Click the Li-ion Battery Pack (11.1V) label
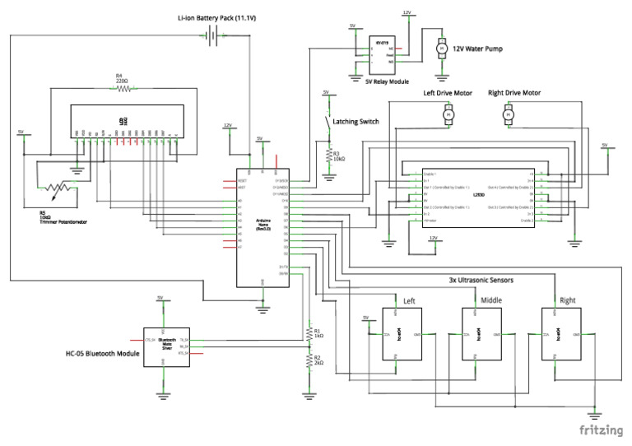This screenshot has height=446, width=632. (216, 17)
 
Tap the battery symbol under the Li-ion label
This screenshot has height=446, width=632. (213, 35)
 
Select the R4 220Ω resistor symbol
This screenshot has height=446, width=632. (121, 88)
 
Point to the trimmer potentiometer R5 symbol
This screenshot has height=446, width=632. (53, 190)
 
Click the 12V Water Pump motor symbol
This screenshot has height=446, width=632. (440, 49)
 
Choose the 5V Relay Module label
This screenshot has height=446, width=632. (387, 81)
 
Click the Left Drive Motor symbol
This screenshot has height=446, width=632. (448, 117)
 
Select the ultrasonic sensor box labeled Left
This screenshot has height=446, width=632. (402, 334)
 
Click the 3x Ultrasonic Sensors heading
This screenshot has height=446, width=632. (481, 281)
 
